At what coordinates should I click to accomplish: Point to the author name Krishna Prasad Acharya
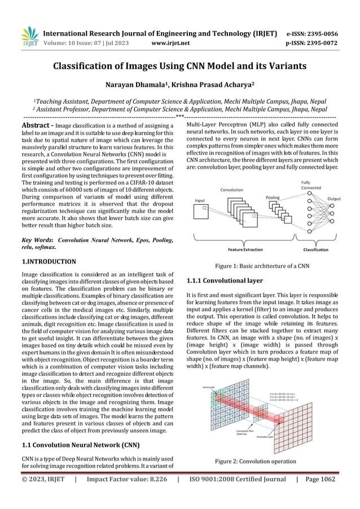[219, 85]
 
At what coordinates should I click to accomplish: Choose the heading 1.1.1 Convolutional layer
[224, 280]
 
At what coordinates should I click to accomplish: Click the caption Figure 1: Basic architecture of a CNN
[260, 266]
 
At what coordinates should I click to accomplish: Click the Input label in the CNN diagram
[200, 200]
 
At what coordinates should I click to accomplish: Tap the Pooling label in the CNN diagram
[272, 198]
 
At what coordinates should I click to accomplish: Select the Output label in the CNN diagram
[334, 199]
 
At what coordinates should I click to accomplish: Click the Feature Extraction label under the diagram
[245, 249]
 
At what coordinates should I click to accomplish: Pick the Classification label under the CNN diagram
[316, 249]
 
